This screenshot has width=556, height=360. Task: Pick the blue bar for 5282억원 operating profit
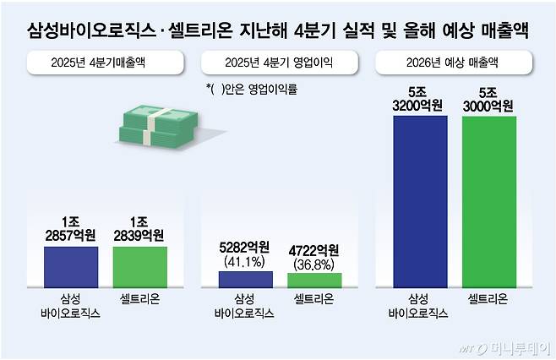click(245, 280)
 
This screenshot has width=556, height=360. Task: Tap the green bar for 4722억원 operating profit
click(313, 281)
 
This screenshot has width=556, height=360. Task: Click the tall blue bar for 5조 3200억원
click(420, 202)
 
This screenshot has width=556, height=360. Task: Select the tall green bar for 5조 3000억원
click(489, 203)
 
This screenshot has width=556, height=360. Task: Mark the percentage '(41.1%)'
click(245, 262)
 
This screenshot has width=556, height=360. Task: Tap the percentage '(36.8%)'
click(313, 264)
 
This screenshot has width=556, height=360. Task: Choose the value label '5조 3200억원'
click(421, 99)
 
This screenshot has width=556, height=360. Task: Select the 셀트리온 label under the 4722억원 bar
click(313, 300)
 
